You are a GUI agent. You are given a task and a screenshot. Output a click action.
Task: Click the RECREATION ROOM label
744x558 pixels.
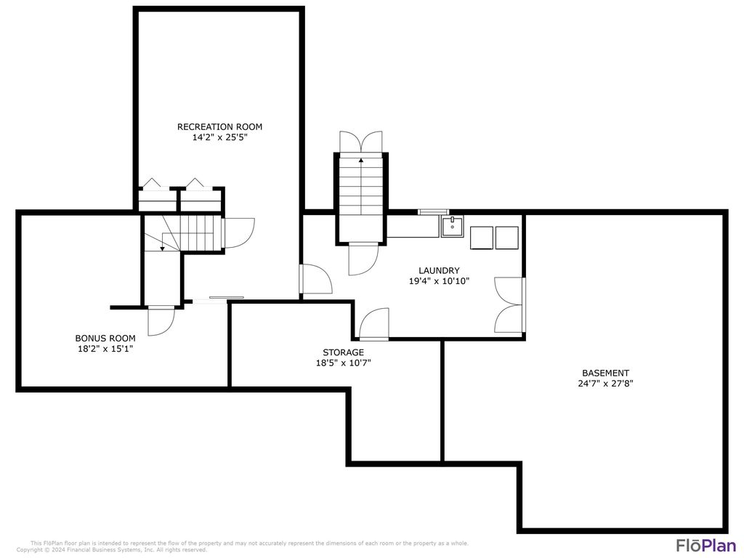point(219,126)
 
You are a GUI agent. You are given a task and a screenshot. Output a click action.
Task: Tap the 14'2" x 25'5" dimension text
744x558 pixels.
point(219,137)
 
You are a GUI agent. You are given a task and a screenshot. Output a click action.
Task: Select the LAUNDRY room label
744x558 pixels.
point(439,270)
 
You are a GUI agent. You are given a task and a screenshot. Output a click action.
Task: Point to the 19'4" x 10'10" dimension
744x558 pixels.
point(439,281)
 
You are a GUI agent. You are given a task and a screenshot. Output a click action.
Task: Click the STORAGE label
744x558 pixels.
point(343,352)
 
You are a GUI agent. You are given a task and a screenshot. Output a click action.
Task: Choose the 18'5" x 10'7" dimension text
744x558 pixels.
point(343,363)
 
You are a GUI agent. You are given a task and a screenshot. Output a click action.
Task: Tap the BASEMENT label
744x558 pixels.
point(605,373)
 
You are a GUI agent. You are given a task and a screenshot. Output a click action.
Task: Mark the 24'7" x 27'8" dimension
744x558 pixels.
point(605,384)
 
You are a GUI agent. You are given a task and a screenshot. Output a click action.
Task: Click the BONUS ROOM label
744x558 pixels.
point(105,339)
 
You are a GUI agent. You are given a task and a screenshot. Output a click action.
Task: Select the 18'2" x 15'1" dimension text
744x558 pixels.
point(105,349)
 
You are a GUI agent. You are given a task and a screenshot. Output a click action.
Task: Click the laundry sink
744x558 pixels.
point(452,226)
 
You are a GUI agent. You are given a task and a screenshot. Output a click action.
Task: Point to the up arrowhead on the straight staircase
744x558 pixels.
point(361,161)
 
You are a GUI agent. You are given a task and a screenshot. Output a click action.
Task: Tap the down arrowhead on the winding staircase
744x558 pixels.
point(162,248)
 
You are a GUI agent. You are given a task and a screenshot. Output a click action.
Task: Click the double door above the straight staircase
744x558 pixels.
point(361,142)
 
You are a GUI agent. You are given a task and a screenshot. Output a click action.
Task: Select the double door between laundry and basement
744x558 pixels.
point(509,304)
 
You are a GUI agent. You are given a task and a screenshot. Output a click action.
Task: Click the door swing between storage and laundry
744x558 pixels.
point(374,324)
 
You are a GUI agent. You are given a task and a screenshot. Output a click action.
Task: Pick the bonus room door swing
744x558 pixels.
point(161,321)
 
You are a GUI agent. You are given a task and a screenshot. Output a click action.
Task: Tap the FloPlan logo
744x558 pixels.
point(706,545)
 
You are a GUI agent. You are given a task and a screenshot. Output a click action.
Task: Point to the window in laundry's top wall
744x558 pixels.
point(433,211)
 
